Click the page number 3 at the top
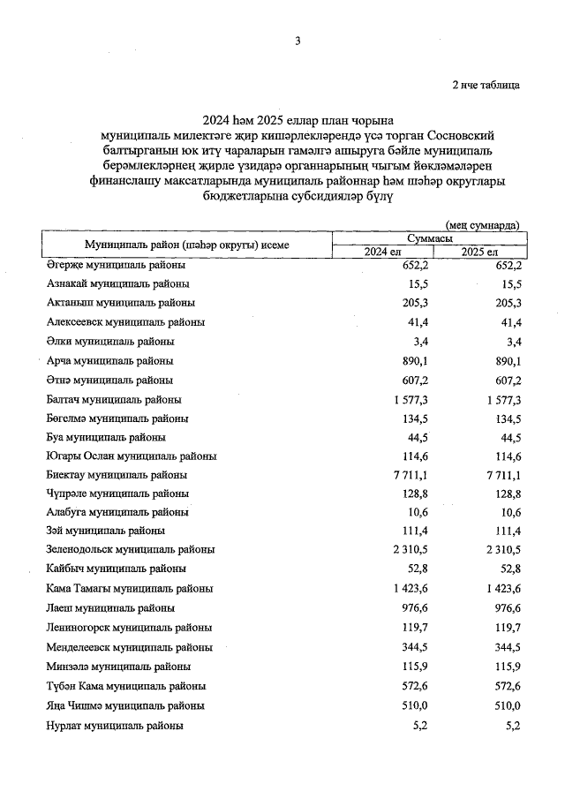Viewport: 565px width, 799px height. tap(298, 41)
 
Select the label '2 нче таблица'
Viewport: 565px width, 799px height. tap(486, 86)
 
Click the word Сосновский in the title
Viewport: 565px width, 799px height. tap(462, 136)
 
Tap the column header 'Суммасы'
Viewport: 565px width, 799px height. tap(430, 239)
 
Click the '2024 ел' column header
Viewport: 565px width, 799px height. tap(383, 253)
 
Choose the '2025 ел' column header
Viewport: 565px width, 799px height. tap(480, 253)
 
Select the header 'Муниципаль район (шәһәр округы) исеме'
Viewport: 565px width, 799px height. tap(186, 245)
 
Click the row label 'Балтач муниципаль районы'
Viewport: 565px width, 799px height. tap(114, 399)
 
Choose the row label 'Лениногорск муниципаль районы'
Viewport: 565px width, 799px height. tap(128, 627)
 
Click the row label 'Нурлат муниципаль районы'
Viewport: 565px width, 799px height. tap(115, 725)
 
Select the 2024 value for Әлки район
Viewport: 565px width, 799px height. tap(419, 341)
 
